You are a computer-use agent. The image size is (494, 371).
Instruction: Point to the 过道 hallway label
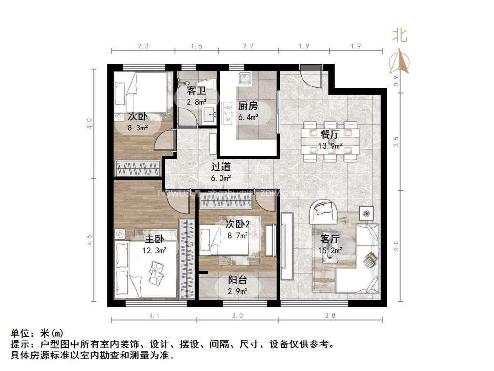(x=221, y=167)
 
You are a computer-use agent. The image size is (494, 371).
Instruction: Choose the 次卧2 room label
(x=238, y=224)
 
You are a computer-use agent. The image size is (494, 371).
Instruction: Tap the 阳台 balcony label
(x=237, y=280)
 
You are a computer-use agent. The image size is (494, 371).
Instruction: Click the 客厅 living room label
(x=330, y=239)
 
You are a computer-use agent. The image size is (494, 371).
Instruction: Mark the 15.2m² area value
(x=330, y=250)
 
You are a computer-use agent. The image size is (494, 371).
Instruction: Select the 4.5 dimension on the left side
(x=90, y=241)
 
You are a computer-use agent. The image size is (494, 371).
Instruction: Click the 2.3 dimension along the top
(x=143, y=46)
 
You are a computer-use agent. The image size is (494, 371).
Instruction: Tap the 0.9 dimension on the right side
(x=396, y=79)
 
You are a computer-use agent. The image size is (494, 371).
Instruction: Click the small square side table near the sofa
(x=367, y=213)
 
